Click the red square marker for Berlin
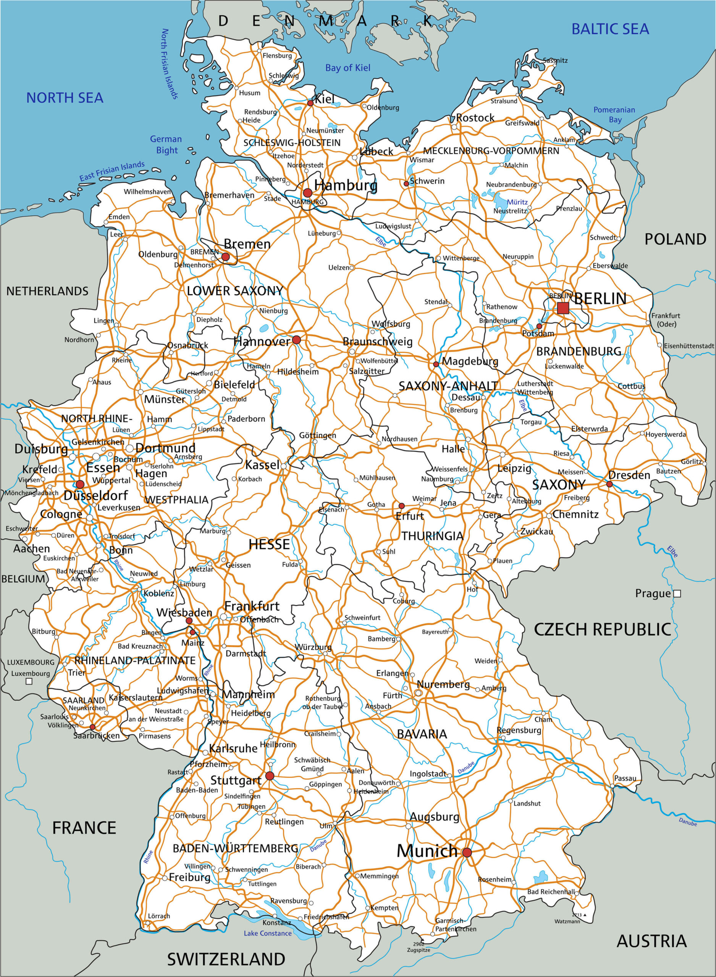click(563, 308)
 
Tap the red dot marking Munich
click(467, 852)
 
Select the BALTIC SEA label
click(610, 29)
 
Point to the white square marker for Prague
click(677, 594)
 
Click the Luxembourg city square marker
click(29, 681)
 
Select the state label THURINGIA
click(432, 536)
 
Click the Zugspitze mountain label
click(419, 950)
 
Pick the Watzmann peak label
click(567, 922)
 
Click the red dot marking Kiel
click(310, 103)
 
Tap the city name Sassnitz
click(555, 61)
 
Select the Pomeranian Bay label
click(614, 115)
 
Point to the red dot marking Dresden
click(610, 484)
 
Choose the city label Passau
click(625, 778)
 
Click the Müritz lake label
click(517, 202)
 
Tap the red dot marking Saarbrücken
click(92, 727)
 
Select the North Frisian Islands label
click(170, 64)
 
